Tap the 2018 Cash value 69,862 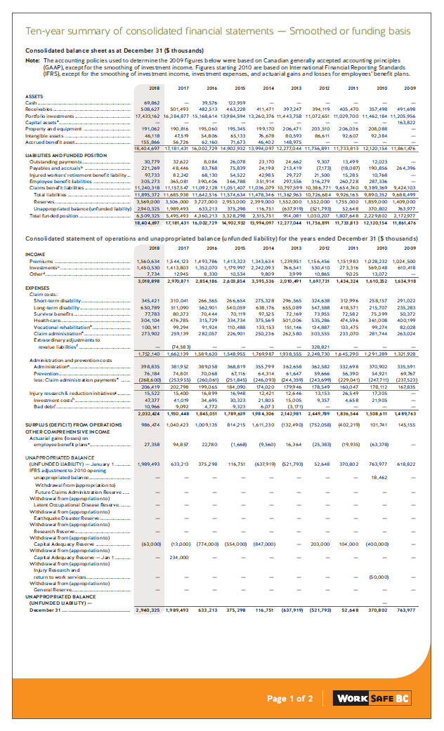point(150,103)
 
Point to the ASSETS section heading point(34,97)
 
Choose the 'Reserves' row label point(47,200)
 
